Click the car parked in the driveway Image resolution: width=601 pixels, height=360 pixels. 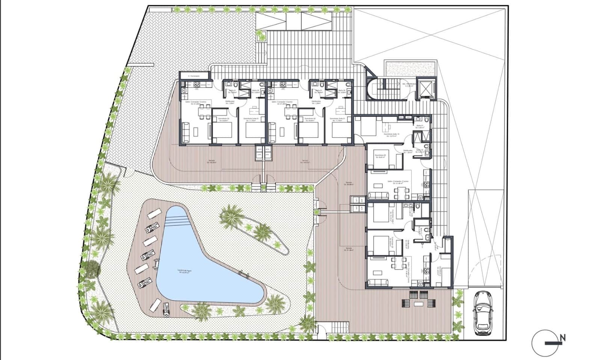(483, 313)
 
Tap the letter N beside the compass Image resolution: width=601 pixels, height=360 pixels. (562, 338)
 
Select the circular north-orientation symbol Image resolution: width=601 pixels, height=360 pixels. (545, 342)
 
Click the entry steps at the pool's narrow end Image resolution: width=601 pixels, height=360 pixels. (177, 221)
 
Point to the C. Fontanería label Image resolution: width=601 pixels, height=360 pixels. (194, 76)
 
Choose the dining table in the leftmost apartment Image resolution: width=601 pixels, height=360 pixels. (204, 112)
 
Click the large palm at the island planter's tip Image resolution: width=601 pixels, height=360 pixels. (230, 215)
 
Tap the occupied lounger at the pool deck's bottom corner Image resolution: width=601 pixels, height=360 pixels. (166, 309)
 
